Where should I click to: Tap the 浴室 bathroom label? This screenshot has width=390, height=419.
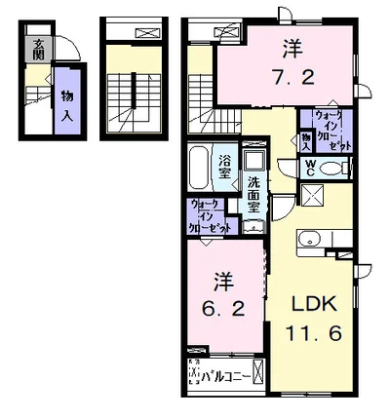pyautogui.click(x=225, y=166)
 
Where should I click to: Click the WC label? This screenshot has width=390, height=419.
pyautogui.click(x=311, y=167)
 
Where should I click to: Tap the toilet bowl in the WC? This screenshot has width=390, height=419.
pyautogui.click(x=331, y=168)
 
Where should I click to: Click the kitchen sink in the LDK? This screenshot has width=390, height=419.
pyautogui.click(x=311, y=238)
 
